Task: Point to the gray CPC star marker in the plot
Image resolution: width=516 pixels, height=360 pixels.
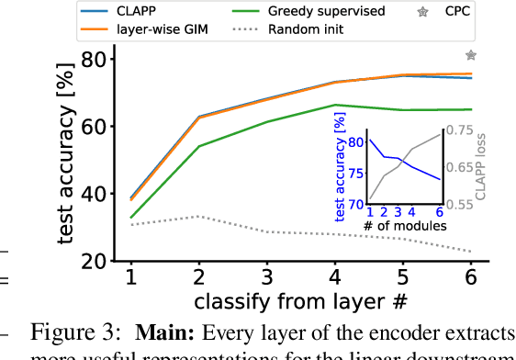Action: (x=471, y=56)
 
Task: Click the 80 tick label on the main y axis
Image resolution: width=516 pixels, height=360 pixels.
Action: (x=95, y=59)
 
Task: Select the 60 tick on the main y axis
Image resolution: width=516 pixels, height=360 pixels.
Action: (x=95, y=126)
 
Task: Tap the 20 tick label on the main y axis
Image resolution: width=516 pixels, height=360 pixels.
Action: (x=95, y=262)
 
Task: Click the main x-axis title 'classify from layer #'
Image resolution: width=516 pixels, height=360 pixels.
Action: (x=299, y=301)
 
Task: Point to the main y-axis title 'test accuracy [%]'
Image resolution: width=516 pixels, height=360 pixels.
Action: (x=66, y=160)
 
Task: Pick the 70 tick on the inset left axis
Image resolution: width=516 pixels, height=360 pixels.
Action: (x=354, y=204)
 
